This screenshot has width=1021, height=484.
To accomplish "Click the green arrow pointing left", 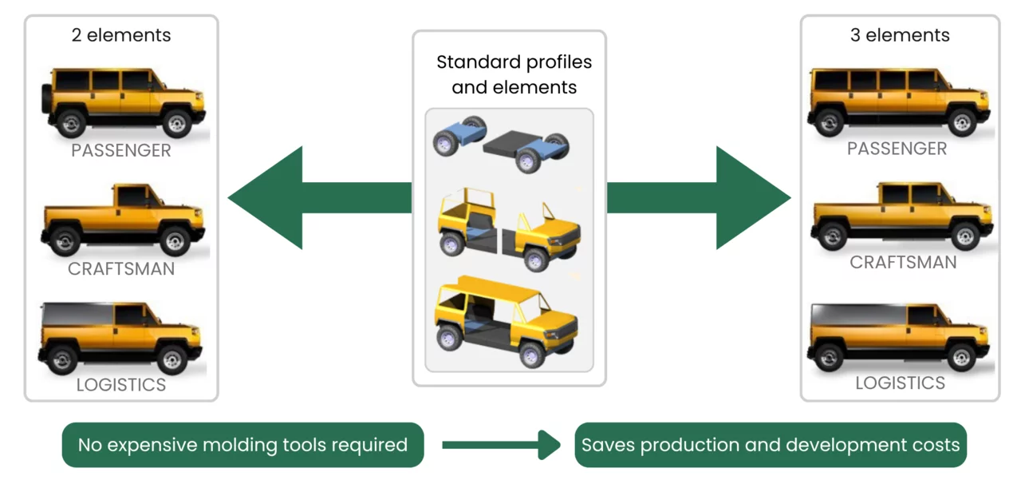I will point(295,197).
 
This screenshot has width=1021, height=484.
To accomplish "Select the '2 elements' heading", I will point(121,35).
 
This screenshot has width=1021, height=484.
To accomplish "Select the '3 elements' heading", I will point(900,35).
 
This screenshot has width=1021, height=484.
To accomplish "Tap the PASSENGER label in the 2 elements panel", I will point(121,150).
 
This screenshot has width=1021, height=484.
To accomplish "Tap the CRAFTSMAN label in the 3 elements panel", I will point(903,262).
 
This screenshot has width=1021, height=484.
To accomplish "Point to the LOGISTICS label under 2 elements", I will point(121,384).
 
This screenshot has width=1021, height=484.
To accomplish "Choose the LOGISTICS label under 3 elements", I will point(901,383).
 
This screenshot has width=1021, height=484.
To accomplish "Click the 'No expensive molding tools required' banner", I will point(242,445).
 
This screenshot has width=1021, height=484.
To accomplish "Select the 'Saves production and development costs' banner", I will point(771,445).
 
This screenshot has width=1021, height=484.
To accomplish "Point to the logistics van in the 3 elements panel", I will point(900,337).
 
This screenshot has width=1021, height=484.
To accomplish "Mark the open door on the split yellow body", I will point(547,213).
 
